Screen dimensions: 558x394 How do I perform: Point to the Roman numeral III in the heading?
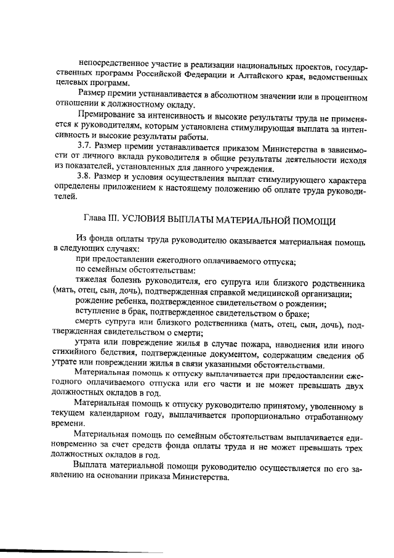117,220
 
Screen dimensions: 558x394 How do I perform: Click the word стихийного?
77,354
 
